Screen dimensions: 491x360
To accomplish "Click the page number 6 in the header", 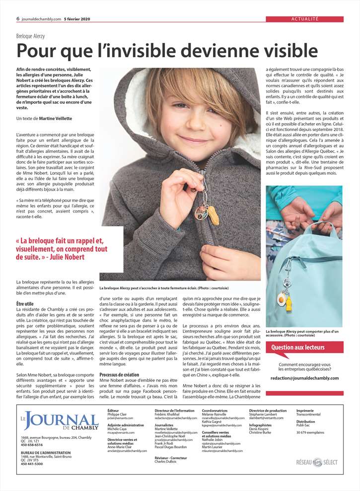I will tap(18, 19).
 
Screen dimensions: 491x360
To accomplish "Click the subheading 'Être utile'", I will tap(25, 303).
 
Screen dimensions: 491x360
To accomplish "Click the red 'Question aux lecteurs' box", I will tap(304, 348).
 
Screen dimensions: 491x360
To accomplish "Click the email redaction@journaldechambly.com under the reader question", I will tap(304, 378).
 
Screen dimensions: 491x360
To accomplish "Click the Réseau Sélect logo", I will tap(317, 462).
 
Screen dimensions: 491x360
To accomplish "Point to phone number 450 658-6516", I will tap(32, 445).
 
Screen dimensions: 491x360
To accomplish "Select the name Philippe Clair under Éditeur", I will tap(118, 415).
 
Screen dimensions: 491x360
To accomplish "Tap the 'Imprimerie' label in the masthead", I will tap(304, 411).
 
